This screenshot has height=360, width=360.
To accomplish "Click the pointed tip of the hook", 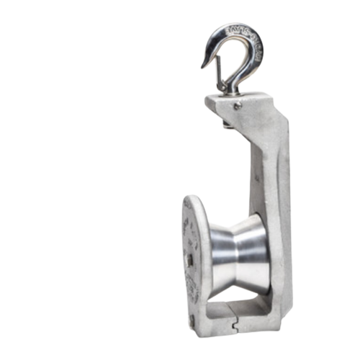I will click(x=202, y=66).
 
